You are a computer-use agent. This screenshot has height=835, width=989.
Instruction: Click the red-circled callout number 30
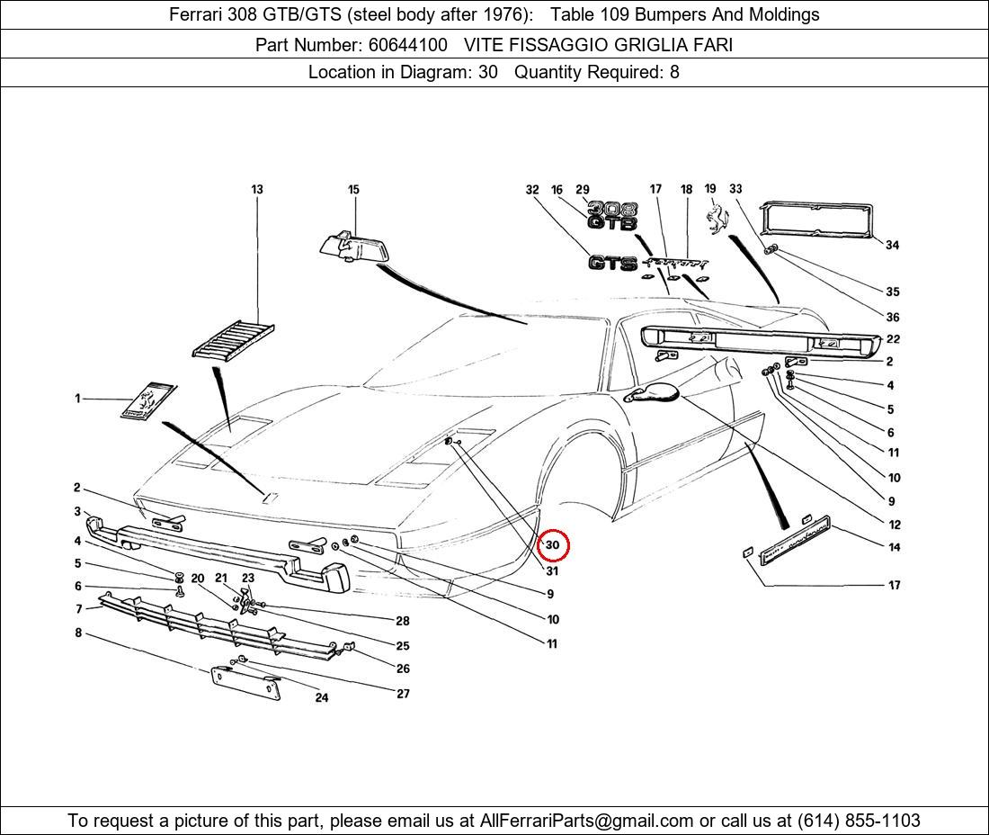click(553, 545)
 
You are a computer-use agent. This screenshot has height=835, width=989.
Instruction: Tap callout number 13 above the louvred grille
click(257, 190)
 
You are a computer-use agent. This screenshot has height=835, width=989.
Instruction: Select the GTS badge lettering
click(612, 263)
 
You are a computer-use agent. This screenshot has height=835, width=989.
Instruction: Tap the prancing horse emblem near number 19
click(716, 220)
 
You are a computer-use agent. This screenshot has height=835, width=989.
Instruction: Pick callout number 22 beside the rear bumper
click(893, 339)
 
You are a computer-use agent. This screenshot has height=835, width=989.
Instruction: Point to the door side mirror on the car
click(655, 391)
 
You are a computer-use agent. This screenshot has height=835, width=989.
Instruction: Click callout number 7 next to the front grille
click(78, 609)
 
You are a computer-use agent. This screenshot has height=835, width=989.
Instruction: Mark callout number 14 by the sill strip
click(894, 547)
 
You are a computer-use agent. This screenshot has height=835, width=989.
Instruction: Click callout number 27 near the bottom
click(403, 694)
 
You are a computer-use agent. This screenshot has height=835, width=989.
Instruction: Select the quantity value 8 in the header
click(674, 73)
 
